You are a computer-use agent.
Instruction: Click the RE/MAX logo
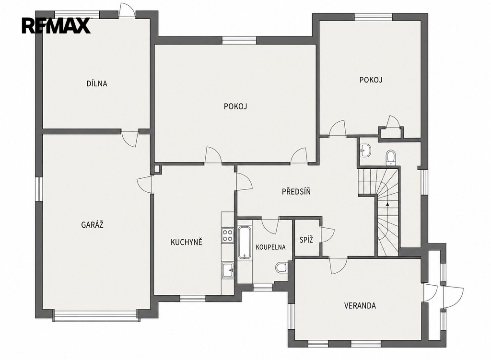click(56, 25)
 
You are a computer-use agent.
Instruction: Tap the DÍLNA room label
click(97, 83)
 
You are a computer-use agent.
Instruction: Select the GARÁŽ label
click(93, 224)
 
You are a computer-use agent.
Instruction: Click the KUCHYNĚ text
click(187, 242)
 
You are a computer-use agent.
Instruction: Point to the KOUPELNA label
click(270, 247)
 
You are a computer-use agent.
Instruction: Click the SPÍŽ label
click(306, 240)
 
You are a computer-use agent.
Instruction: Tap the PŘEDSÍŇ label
click(296, 191)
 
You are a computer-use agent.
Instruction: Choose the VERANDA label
click(360, 305)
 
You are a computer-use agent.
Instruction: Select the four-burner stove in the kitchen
click(227, 235)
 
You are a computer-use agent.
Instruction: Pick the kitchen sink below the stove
click(227, 270)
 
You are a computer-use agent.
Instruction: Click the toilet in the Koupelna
click(281, 267)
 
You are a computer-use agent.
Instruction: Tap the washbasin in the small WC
click(365, 150)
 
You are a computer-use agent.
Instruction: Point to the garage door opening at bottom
click(95, 315)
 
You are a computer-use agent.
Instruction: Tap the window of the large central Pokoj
click(239, 40)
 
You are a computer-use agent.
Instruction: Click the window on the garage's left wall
click(39, 189)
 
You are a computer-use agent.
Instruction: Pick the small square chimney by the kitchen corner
click(157, 169)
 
